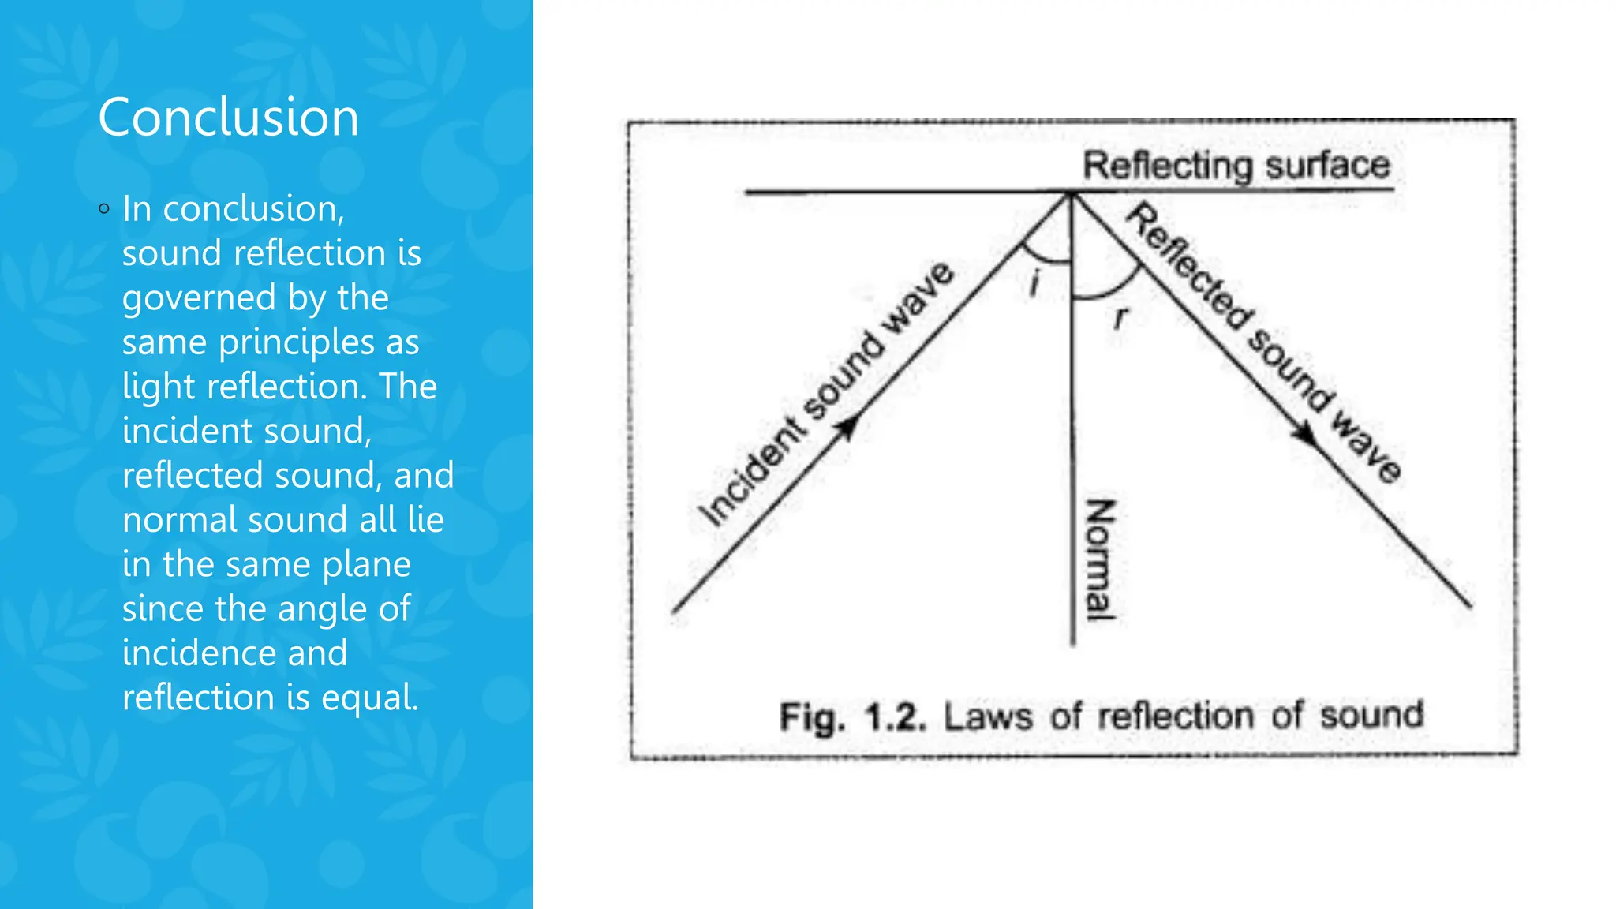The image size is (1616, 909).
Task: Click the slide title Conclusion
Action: point(228,118)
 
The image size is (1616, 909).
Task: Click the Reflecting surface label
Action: point(1236,166)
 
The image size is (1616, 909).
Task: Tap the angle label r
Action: point(1120,318)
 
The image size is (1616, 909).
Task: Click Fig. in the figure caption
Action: point(812,717)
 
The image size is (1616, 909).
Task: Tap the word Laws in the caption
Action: point(988,716)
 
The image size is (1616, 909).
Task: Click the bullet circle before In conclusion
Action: point(104,209)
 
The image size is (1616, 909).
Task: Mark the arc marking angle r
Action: point(1109,291)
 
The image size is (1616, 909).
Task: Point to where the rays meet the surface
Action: point(1072,192)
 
